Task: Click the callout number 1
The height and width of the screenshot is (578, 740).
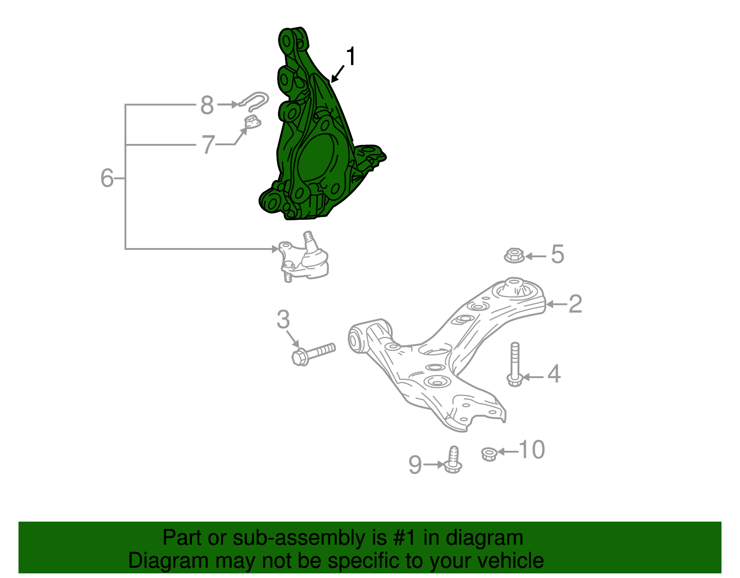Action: pyautogui.click(x=351, y=57)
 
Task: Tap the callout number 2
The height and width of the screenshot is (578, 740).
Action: pyautogui.click(x=575, y=304)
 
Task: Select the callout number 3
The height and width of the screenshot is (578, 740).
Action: pyautogui.click(x=283, y=319)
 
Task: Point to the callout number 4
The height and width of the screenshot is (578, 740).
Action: pyautogui.click(x=554, y=374)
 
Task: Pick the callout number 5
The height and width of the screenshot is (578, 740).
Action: pyautogui.click(x=557, y=255)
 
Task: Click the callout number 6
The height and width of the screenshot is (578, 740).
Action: pyautogui.click(x=107, y=178)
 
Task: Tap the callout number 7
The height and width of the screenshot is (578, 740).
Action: pyautogui.click(x=208, y=144)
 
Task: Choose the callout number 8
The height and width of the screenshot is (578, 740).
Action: pyautogui.click(x=207, y=105)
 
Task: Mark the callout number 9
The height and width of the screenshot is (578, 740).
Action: pyautogui.click(x=415, y=465)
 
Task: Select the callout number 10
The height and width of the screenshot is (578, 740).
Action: pyautogui.click(x=532, y=450)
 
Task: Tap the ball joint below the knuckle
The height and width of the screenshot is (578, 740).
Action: pyautogui.click(x=305, y=261)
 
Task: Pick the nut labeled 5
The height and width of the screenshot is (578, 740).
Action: pyautogui.click(x=514, y=255)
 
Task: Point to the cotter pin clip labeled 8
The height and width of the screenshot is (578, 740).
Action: pyautogui.click(x=254, y=101)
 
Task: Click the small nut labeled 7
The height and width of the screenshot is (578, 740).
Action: pyautogui.click(x=252, y=123)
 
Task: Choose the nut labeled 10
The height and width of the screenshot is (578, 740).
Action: pyautogui.click(x=488, y=454)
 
